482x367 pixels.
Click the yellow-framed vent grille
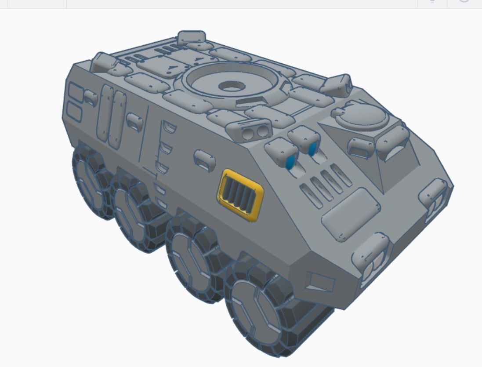click(x=240, y=195)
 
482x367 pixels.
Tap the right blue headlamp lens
click(x=313, y=149)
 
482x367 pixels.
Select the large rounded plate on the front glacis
click(x=351, y=214)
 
